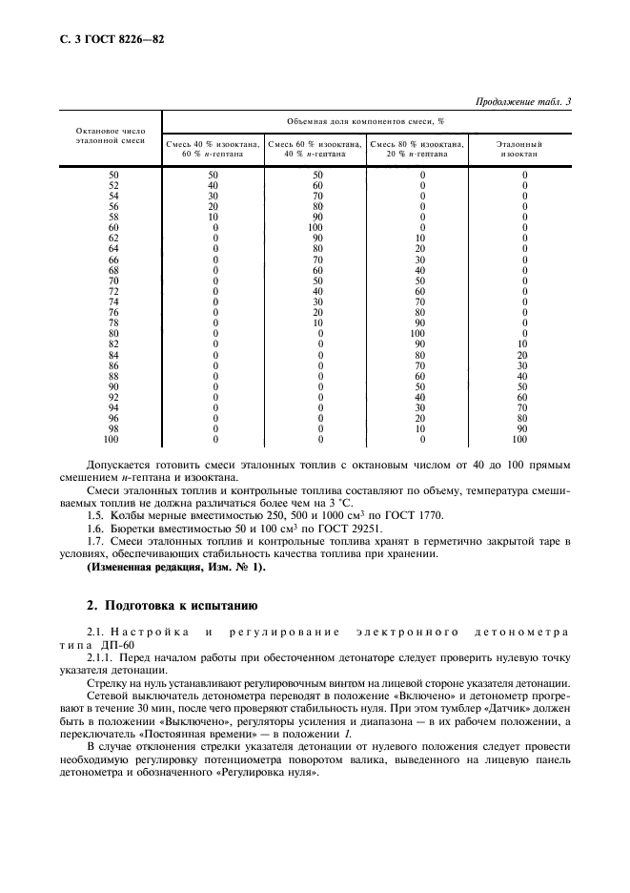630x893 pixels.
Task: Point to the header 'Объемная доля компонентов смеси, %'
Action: coord(366,122)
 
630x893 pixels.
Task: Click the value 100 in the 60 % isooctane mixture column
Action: coord(317,228)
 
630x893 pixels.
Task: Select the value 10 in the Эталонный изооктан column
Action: coord(521,343)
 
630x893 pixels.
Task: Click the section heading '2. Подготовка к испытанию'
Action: coord(172,604)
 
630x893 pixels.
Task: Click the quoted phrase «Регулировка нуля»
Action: coord(271,771)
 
